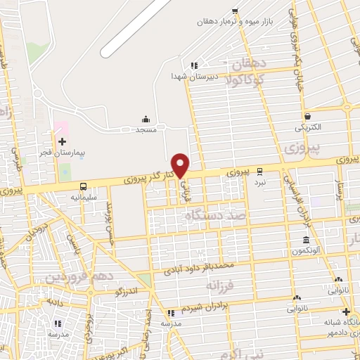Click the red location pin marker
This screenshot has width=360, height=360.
181,165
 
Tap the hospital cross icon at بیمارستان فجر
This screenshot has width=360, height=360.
62,141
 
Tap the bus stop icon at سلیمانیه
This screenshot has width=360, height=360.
84,186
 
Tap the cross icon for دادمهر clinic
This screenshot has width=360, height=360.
345,311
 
